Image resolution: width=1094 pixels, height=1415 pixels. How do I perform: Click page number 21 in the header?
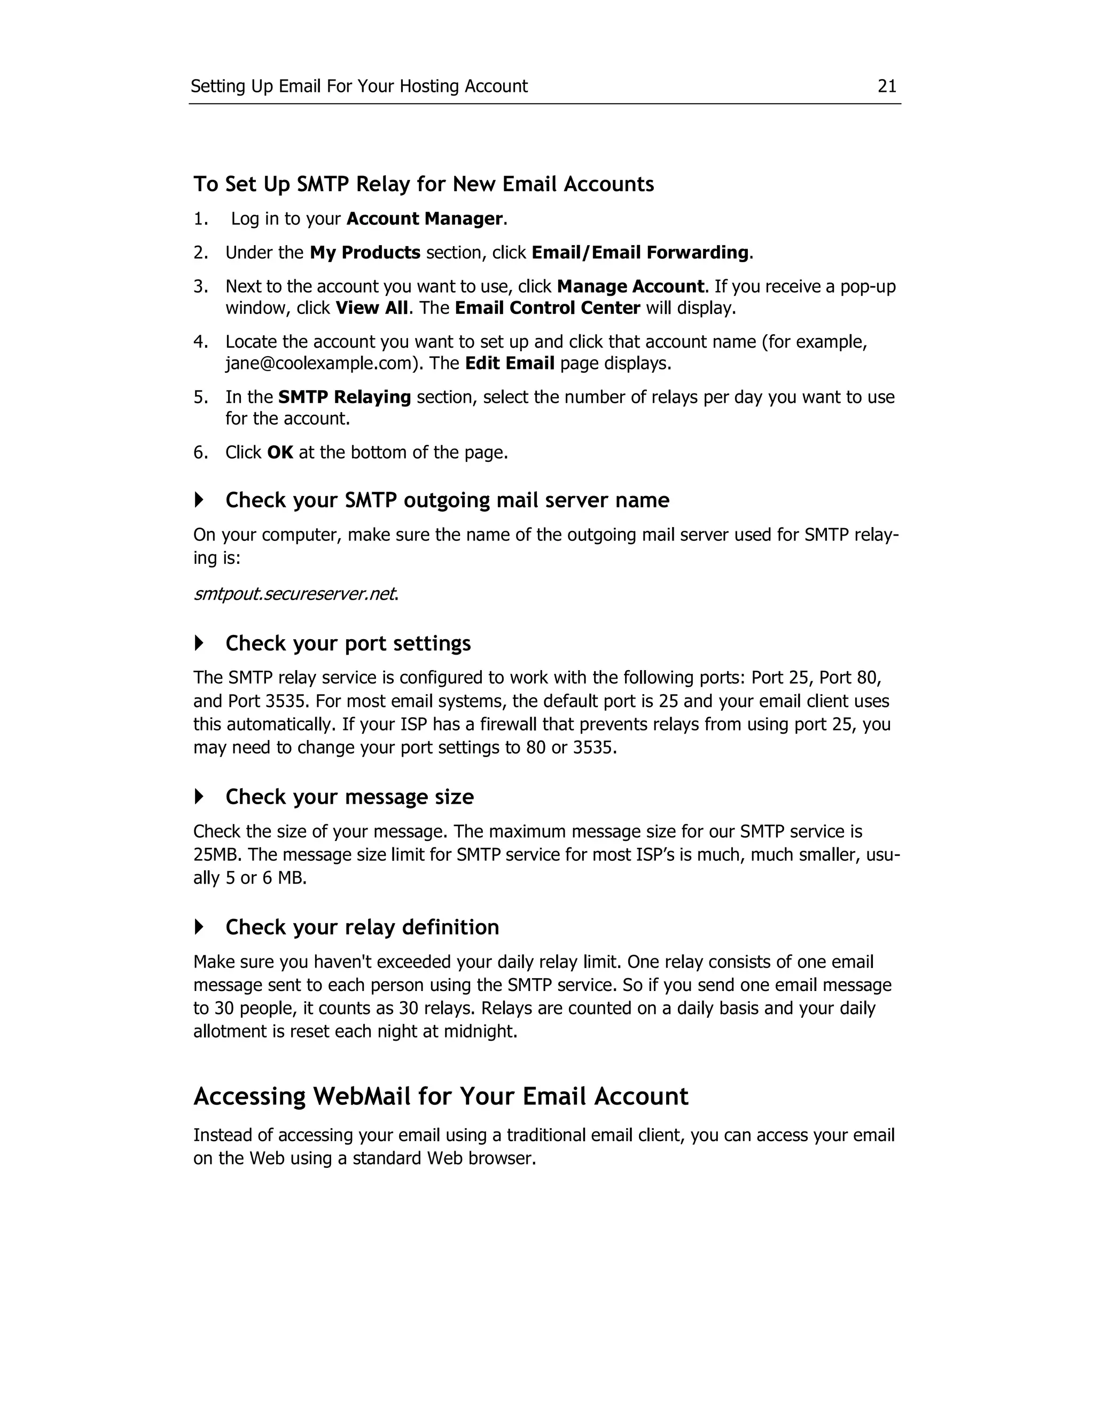pos(887,86)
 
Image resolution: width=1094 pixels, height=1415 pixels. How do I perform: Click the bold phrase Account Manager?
pos(425,219)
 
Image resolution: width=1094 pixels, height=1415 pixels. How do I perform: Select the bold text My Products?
pos(365,253)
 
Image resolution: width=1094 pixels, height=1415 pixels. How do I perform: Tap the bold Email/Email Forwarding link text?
pos(639,253)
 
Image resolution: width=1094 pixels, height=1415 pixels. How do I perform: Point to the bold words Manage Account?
pos(630,286)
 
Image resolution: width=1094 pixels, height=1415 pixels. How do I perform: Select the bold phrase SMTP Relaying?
pos(344,397)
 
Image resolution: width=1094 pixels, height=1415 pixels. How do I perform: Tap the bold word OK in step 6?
pos(280,452)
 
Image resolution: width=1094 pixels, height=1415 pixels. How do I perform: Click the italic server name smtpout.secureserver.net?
pos(294,593)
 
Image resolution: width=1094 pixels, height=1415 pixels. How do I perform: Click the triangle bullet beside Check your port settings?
pos(199,643)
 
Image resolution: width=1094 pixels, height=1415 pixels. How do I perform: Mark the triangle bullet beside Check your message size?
pos(199,796)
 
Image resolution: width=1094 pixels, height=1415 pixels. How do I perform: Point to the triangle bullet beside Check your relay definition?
pos(199,927)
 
